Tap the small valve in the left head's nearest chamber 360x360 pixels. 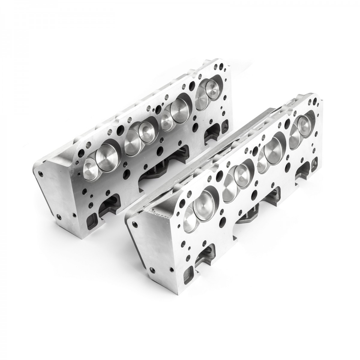click(89, 167)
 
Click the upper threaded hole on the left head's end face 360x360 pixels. click(41, 173)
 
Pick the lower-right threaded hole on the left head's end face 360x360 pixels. click(73, 215)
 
